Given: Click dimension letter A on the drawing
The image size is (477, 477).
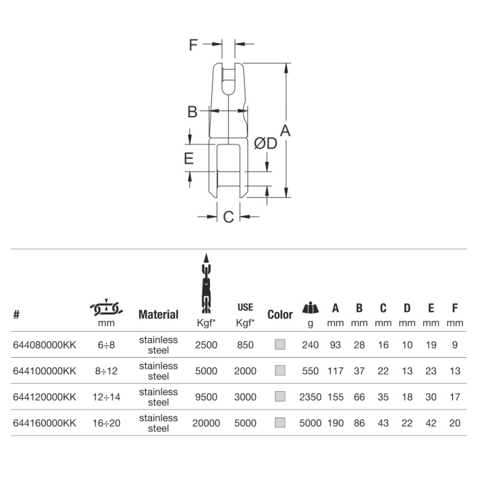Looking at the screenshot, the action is coord(285,131).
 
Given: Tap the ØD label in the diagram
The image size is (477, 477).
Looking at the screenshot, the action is coord(266,144).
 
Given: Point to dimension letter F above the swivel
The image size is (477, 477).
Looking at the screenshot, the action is coord(193,45).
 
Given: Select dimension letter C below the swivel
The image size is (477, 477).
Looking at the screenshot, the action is coord(228,217).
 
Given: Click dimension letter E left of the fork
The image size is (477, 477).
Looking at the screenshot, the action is coord(189,159).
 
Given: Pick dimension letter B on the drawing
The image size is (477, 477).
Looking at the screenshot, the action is coord(192,112).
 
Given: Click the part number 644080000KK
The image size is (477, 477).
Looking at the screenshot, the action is coord(44,345).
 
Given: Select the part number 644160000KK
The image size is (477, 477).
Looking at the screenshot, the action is coord(44,423).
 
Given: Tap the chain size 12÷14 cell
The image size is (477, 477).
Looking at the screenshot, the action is coord(106,397).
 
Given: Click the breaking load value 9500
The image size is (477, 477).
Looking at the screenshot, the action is coord(206,397).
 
